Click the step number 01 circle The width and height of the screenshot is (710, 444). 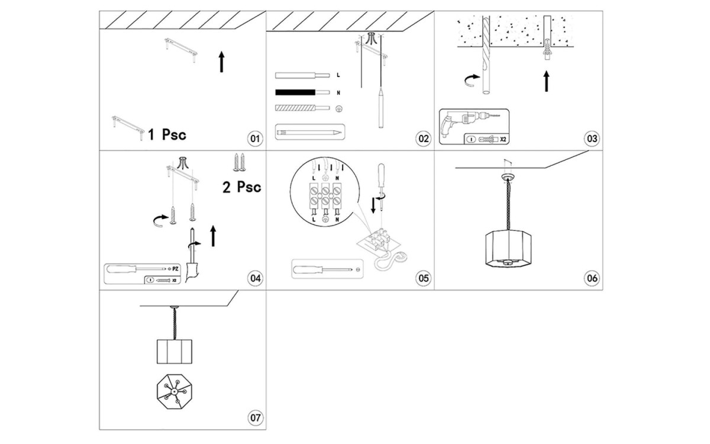tap(255, 139)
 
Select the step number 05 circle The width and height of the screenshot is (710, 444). tap(424, 278)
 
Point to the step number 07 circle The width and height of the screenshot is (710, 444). tap(255, 418)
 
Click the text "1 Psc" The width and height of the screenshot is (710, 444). tap(167, 135)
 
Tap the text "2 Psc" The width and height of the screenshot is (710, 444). tap(241, 187)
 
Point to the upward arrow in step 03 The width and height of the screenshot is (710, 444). tap(546, 81)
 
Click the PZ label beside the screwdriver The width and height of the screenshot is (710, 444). tap(175, 268)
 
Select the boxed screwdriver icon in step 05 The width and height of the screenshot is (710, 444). tap(325, 269)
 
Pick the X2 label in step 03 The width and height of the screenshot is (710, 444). tap(503, 140)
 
